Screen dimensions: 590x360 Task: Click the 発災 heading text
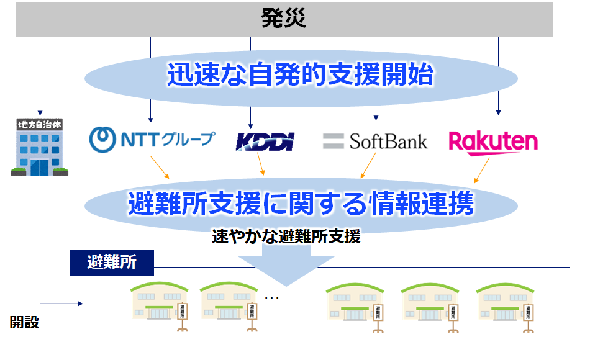[x=283, y=18]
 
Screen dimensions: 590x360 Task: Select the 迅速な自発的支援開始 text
[x=301, y=74]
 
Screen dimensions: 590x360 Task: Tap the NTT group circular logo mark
[x=102, y=140]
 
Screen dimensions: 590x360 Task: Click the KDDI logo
[x=265, y=142]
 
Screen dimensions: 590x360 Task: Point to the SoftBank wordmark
[x=388, y=142]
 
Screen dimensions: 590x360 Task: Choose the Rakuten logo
[x=493, y=143]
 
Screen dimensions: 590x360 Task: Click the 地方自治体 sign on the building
[x=40, y=125]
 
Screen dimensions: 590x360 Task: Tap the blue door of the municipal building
[x=40, y=168]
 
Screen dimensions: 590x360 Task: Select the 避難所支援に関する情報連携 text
[x=301, y=204]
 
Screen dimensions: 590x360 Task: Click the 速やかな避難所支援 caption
[x=286, y=236]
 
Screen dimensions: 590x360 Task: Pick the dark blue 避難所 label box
[x=112, y=263]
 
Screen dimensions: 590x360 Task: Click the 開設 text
[x=24, y=322]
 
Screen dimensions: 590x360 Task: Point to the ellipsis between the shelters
[x=271, y=297]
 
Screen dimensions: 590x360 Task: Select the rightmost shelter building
[x=505, y=307]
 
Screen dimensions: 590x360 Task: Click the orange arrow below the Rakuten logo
[x=482, y=171]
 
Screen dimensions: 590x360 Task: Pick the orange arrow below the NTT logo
[x=160, y=168]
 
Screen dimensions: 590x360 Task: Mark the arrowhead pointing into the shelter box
[x=81, y=304]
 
